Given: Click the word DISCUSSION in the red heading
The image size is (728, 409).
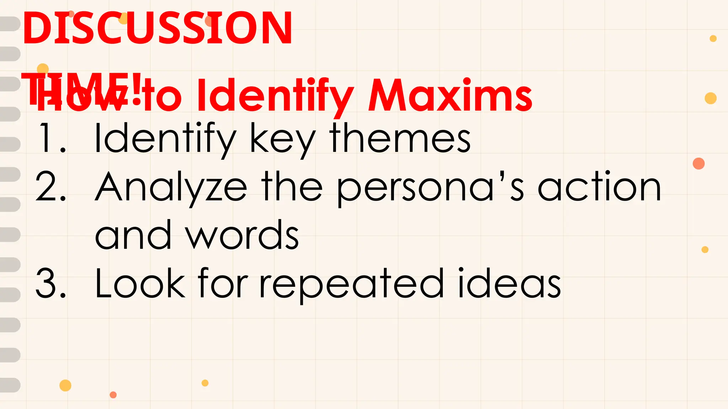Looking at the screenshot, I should point(157,28).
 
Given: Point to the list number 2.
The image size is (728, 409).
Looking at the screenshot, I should point(51,187).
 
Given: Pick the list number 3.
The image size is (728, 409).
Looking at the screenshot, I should point(51,283).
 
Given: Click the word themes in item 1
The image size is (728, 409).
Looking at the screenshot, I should point(400,138).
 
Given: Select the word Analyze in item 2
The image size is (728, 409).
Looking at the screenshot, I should point(171,187).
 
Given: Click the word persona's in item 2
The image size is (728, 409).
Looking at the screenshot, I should point(430,188).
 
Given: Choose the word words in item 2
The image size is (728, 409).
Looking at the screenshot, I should point(242,235).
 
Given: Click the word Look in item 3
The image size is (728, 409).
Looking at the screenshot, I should point(140,283).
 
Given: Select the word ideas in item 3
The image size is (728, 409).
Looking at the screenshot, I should point(509,283).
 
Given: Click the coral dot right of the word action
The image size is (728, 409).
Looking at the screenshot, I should point(698,164).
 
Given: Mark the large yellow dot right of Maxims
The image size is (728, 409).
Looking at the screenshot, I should point(710,98).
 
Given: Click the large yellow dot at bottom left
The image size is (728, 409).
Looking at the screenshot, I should point(65,385).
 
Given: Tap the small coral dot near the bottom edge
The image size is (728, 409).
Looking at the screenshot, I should point(113,395).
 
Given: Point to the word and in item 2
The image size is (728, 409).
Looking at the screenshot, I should point(133,235).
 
